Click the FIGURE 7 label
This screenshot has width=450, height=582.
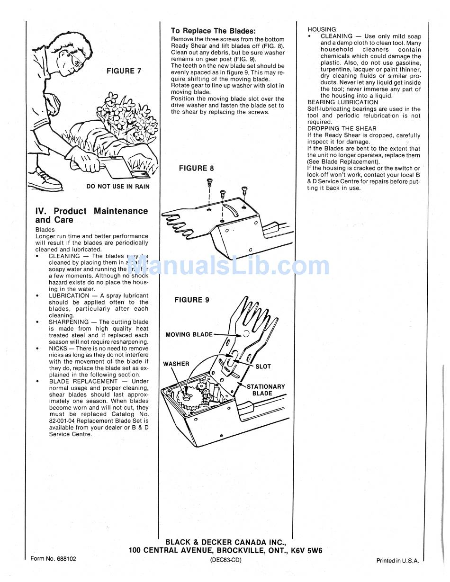[124, 71]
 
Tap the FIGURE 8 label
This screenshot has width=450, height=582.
[196, 168]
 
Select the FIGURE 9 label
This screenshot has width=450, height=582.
[191, 300]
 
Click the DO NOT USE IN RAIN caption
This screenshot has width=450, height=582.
[118, 187]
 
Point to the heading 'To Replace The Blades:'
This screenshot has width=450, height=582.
[213, 31]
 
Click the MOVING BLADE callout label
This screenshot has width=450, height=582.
[189, 334]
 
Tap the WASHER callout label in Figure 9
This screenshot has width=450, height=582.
[176, 364]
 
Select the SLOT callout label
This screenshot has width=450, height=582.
[263, 367]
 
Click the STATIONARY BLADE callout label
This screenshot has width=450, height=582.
[265, 390]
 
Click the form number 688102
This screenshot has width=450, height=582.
[53, 559]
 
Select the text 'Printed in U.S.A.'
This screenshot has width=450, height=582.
[397, 561]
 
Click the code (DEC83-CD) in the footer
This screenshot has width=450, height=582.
[225, 560]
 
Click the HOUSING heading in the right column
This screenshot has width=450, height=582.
[322, 29]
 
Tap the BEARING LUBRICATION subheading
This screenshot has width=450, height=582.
[342, 102]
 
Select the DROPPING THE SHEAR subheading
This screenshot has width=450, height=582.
[342, 128]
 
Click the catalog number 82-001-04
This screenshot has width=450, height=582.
[66, 421]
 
